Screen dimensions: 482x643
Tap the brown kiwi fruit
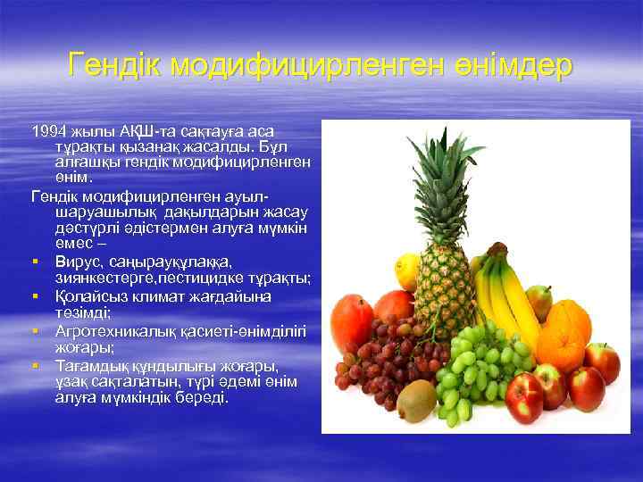point(416,400)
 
